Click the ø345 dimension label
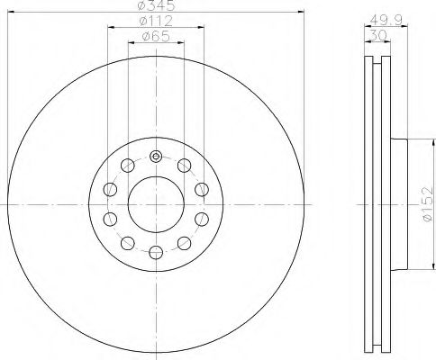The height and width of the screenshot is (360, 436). (154, 7)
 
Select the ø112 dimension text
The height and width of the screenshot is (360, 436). (155, 22)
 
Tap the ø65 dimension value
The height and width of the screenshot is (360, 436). (155, 37)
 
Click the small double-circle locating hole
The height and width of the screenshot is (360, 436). (155, 157)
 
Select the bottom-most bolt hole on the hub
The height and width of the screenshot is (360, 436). (155, 252)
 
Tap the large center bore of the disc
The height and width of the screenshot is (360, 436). (155, 204)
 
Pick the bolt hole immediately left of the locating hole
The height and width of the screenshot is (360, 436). (127, 166)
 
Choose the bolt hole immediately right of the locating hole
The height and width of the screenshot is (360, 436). (184, 166)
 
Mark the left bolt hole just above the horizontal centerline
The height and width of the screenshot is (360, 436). (109, 189)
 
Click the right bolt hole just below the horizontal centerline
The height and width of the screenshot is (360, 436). (201, 220)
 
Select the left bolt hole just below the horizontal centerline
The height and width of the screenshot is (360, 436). (109, 220)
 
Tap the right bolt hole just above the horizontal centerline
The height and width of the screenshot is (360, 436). (201, 189)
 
